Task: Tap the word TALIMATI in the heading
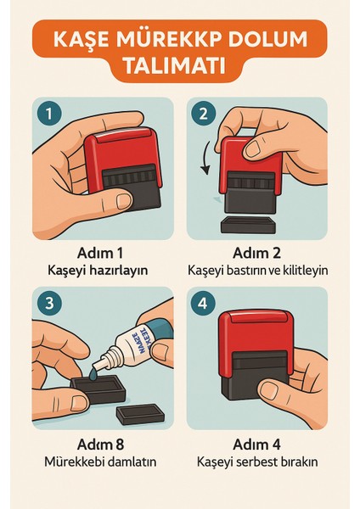tap(179, 67)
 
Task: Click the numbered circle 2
tap(204, 113)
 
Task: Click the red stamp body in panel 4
tap(255, 331)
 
